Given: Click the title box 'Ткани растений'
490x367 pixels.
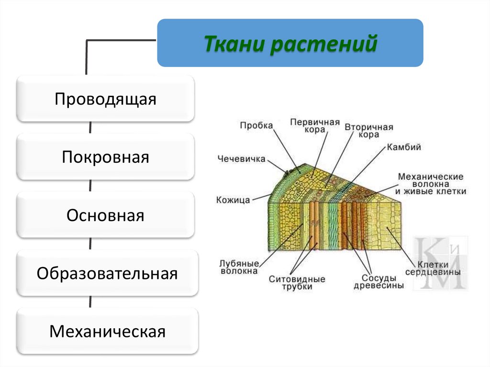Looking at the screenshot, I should (290, 43).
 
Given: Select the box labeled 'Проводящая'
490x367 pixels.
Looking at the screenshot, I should (105, 99).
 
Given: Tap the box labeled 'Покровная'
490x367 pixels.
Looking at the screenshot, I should (105, 157).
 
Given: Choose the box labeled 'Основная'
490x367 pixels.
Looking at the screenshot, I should (105, 215).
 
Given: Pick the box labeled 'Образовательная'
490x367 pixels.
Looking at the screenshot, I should (107, 274).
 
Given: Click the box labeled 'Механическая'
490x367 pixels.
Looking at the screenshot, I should (107, 332).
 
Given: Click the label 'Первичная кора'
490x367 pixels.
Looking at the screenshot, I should (314, 126).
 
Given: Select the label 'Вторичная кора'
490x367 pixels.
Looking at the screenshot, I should (368, 131).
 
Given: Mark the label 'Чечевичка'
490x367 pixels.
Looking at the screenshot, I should (241, 159).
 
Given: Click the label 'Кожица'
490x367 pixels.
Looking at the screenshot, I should (233, 200).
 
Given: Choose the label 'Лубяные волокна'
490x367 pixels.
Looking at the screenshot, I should (239, 267).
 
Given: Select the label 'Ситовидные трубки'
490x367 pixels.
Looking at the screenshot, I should (297, 282).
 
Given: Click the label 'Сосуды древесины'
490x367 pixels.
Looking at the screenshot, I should (379, 281).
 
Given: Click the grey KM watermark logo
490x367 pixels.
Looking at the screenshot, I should (440, 263).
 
